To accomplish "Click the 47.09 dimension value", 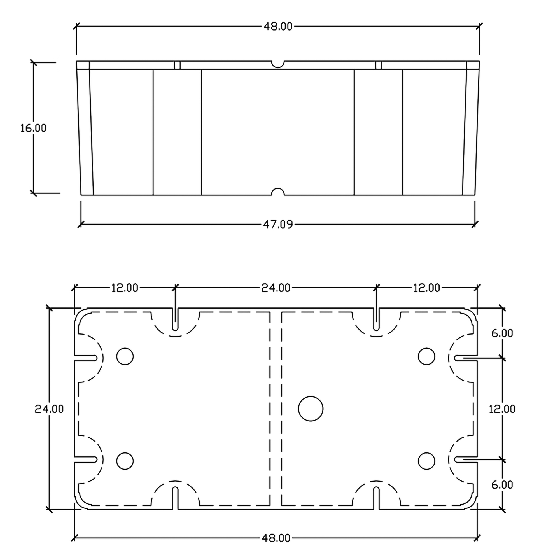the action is (278, 224).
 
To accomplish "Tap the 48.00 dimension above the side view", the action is (278, 27).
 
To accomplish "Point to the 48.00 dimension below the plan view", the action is (276, 538).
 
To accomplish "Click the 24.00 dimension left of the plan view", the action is (49, 409).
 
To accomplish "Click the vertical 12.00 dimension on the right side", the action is (502, 409).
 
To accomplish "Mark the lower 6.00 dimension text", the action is (502, 485).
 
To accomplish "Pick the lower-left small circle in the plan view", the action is (125, 452).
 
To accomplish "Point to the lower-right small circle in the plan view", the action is (426, 452).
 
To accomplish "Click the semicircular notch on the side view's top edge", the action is (278, 67).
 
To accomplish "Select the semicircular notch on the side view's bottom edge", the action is (278, 188).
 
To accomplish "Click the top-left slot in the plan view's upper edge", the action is (175, 319).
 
